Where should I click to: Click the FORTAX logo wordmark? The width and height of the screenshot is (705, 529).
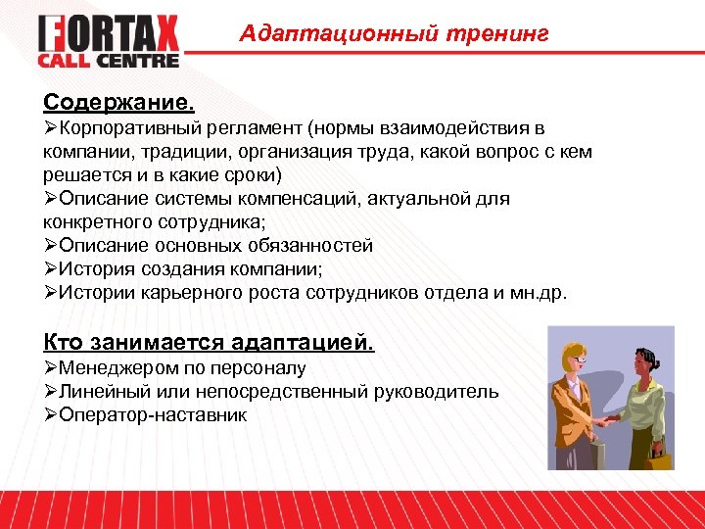coord(109,34)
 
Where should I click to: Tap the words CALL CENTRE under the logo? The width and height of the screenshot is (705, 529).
coord(109,61)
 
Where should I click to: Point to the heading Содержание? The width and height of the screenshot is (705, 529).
coord(118,103)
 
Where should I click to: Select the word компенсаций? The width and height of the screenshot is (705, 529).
coord(326,199)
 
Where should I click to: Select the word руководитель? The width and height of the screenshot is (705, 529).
coord(436,392)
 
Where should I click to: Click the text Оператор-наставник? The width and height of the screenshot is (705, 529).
coord(153,415)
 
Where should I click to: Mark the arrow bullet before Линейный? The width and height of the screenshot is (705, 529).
coord(51,392)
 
